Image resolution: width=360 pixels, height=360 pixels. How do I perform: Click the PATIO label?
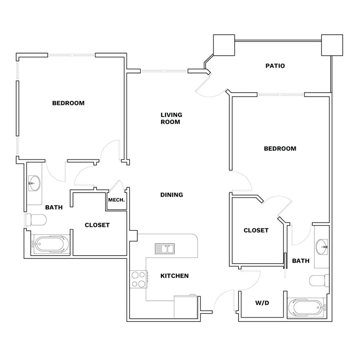275,66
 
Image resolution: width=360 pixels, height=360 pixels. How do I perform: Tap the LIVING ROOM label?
171,118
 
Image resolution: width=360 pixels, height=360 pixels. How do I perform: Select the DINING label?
172,195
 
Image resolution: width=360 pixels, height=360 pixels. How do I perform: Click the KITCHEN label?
174,276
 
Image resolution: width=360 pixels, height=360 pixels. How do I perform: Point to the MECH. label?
116,200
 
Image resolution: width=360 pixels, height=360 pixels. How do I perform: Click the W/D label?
262,303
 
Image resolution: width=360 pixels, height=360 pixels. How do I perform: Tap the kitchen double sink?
165,249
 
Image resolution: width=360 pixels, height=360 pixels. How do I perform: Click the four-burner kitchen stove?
139,279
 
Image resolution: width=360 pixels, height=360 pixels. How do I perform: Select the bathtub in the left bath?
50,244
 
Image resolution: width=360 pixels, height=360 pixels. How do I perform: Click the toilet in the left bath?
36,220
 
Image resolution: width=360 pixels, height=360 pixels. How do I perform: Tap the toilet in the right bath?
319,280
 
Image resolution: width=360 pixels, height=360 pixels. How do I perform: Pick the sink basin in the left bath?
34,183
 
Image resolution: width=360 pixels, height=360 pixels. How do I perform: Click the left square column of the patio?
224,45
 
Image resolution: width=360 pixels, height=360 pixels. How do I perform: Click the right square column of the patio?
332,45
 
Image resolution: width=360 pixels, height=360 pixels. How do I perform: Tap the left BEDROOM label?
68,103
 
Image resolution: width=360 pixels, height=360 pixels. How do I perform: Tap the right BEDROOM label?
280,148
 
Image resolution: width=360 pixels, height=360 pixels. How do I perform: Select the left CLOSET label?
97,225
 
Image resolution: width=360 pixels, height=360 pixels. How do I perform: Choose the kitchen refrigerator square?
186,307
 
